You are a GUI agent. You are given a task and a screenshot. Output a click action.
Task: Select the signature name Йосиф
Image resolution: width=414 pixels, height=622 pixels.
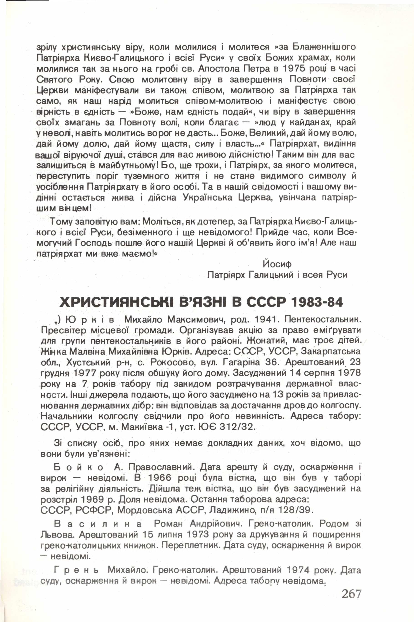[x=277, y=264]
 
